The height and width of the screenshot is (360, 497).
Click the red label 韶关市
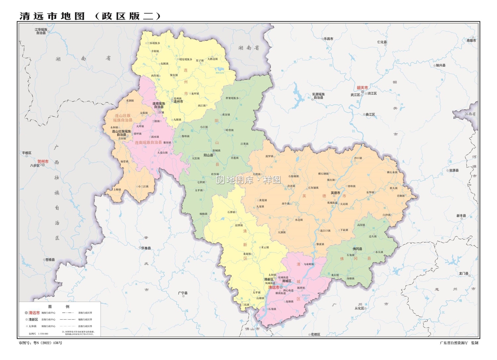coord(362,88)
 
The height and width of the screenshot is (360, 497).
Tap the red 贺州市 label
coord(43,161)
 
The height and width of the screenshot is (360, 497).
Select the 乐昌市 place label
coord(328,39)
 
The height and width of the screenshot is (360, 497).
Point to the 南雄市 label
coord(471,40)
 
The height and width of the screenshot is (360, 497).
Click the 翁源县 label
coord(454,170)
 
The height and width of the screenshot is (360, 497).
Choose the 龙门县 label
coord(464,273)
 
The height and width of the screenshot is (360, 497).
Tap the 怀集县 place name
coord(146,248)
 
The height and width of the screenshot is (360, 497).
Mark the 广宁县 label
coord(183,293)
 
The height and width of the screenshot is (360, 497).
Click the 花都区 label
coord(315,334)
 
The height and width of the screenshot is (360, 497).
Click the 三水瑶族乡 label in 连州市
coord(154,43)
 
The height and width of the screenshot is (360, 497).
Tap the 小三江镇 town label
coord(143,186)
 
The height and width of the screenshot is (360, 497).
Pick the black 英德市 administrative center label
coord(335,193)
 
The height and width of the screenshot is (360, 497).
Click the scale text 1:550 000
coord(43,333)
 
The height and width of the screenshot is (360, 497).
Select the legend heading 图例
coord(59,307)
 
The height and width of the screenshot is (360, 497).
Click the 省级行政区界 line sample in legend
coord(68,313)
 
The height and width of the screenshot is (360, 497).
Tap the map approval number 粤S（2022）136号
coord(40,343)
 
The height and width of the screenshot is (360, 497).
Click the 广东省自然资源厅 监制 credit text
coord(459,343)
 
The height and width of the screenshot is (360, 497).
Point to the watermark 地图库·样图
coord(248,180)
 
